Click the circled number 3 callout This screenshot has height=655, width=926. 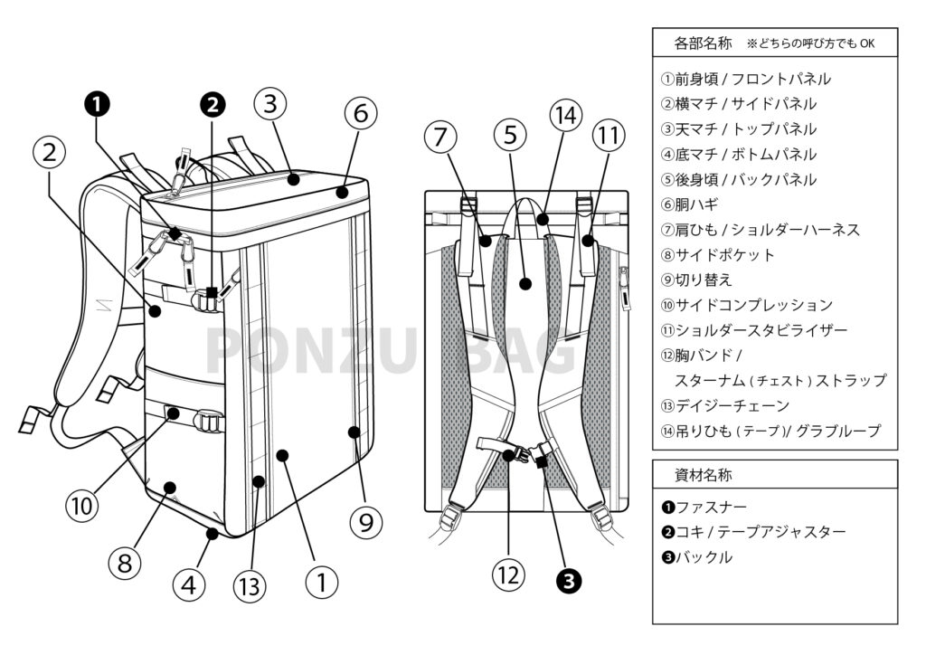(x=270, y=105)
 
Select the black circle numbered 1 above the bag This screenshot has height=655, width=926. (x=97, y=105)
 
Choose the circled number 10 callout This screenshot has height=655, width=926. (x=82, y=505)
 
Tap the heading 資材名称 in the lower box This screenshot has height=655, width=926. (x=703, y=475)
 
